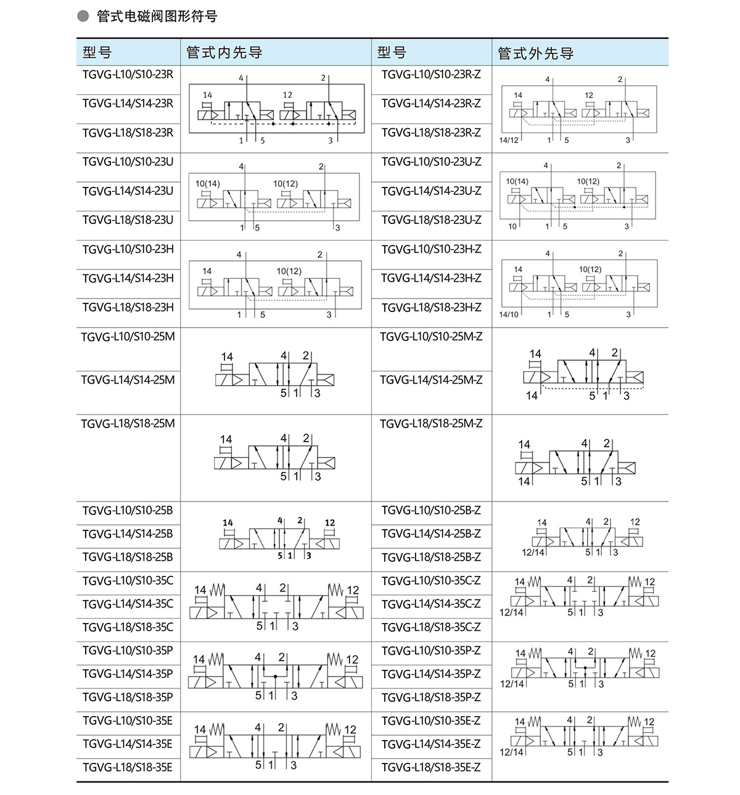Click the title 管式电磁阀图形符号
point(157,17)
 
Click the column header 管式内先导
point(224,53)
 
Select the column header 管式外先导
point(536,54)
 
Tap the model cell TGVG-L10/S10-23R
point(128,75)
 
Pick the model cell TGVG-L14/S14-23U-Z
point(431,191)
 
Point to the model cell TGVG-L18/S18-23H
point(128,307)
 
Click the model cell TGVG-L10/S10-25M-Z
point(431,337)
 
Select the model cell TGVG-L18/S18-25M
point(128,424)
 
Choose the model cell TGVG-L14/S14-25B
point(128,534)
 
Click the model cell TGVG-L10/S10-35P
point(128,651)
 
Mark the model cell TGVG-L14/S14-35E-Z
point(431,744)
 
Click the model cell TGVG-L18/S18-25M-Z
point(431,424)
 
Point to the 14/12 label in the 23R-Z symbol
point(509,140)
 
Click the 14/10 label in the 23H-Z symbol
point(509,315)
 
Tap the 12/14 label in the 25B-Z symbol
point(533,552)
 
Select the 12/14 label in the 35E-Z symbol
point(511,752)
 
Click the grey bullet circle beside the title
point(83,16)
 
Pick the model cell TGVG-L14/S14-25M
point(128,380)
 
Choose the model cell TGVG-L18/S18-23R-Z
point(431,133)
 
